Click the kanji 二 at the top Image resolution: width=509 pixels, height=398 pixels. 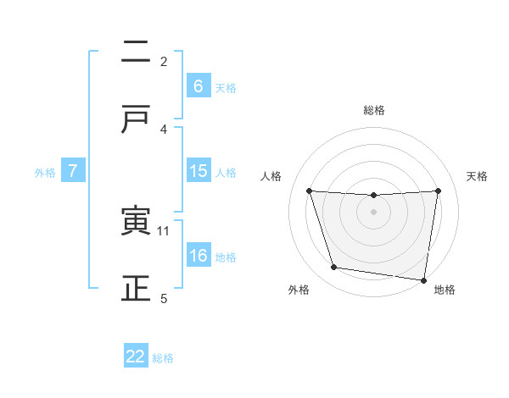click(136, 53)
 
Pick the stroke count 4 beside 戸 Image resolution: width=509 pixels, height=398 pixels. click(164, 129)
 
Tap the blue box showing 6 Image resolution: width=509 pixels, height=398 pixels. click(198, 86)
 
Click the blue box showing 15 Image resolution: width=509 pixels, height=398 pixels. click(198, 172)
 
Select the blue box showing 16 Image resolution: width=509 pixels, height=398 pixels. click(198, 257)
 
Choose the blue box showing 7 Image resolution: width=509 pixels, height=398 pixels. click(73, 172)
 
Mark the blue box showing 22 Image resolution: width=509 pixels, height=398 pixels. click(136, 357)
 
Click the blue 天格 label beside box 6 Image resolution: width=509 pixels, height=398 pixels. click(226, 87)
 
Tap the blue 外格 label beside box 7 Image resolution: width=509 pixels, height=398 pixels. click(45, 173)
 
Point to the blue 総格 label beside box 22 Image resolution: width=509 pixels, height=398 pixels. click(163, 357)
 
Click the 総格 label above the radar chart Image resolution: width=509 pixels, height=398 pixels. click(374, 110)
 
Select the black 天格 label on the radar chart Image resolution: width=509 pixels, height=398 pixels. click(478, 176)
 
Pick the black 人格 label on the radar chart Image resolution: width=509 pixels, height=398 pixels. click(272, 176)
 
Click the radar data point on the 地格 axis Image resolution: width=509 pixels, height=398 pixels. click(423, 279)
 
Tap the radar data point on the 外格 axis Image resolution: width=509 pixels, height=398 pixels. click(334, 268)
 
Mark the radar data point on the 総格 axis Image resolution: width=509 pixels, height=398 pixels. click(374, 196)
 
